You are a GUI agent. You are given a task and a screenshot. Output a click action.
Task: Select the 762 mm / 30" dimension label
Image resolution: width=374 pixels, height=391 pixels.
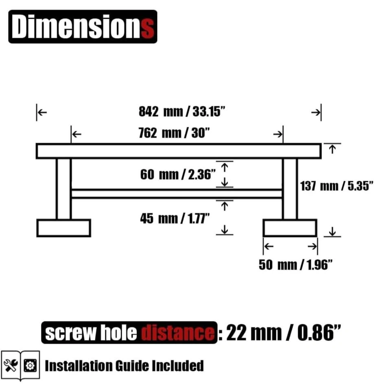pos(174,133)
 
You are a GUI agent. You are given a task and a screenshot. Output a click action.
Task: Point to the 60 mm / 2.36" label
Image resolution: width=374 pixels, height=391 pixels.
pos(178,174)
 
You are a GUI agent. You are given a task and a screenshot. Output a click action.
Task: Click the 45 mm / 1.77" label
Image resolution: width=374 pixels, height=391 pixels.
pos(175,218)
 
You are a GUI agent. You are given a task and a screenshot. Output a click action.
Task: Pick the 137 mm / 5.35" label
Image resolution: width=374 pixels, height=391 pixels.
pos(337,186)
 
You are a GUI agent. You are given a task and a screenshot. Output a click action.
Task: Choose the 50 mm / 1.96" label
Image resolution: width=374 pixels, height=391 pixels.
pos(295,265)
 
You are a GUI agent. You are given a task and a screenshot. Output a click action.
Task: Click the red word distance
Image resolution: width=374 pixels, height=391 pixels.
pos(178,333)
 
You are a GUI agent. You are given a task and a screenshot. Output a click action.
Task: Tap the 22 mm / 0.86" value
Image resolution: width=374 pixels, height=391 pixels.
pos(284,333)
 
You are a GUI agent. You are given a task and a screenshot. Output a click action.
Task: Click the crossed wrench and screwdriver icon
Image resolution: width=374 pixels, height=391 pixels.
pos(11,366)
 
